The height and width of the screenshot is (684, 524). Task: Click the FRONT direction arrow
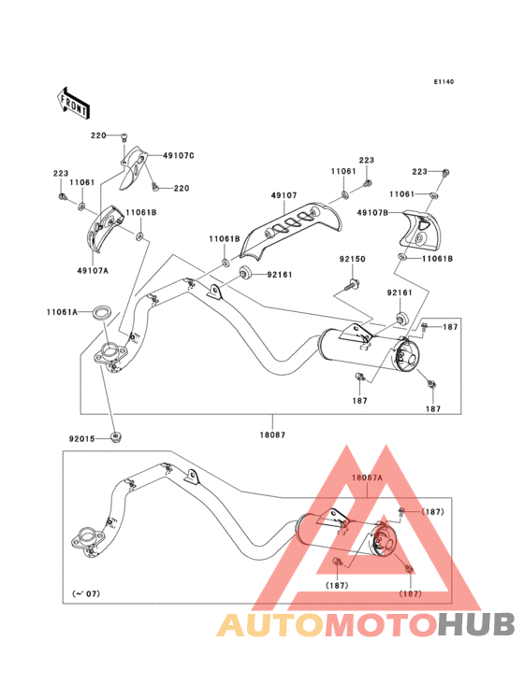73,104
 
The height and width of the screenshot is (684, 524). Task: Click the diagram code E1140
444,81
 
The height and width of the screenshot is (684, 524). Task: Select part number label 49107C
179,155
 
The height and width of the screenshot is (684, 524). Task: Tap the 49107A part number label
93,270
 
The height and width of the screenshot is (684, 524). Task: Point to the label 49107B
372,212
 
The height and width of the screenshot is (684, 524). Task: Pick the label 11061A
62,312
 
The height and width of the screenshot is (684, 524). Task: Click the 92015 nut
115,437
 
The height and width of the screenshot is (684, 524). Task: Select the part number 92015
81,439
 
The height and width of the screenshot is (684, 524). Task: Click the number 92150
353,259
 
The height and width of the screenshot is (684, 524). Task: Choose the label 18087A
367,477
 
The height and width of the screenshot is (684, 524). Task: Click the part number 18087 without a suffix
272,435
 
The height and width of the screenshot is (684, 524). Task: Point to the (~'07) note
85,593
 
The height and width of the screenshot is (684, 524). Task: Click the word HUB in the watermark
477,624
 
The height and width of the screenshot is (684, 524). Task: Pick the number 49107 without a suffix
284,195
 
